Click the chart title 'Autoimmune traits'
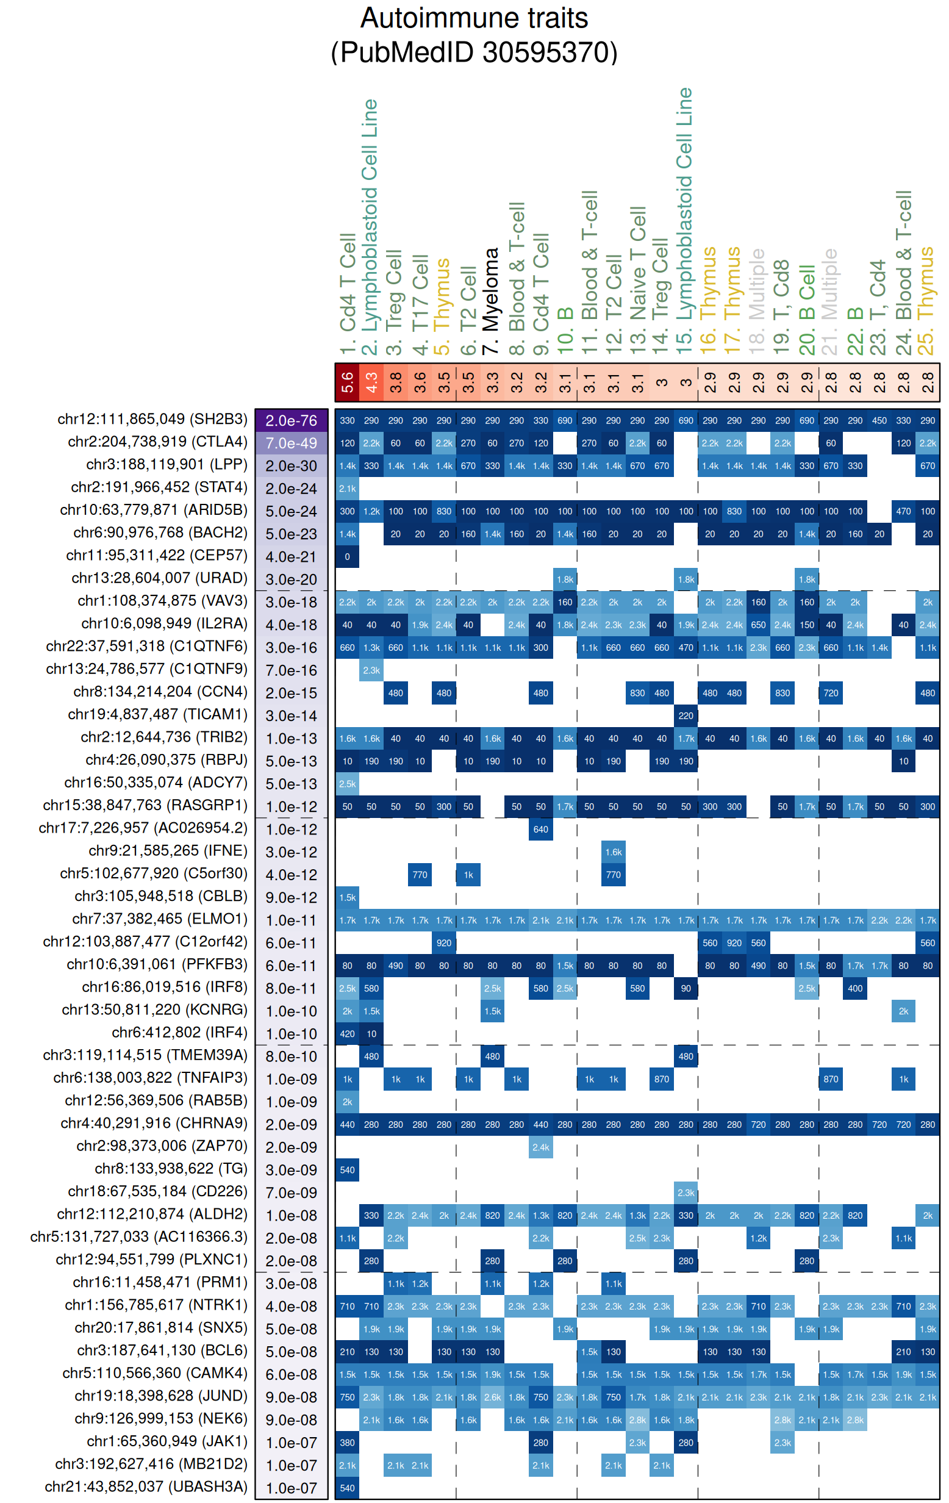point(473,18)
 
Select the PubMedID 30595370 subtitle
point(473,52)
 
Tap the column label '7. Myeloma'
point(492,300)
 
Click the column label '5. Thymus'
point(443,306)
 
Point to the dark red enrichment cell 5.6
point(347,382)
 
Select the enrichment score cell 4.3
point(371,382)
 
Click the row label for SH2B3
point(152,420)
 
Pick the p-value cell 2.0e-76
point(291,421)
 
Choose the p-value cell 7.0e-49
point(291,443)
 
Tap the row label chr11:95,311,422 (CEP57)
point(157,556)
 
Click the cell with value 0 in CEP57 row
point(347,556)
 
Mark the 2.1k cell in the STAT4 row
point(347,488)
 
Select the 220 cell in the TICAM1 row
point(686,716)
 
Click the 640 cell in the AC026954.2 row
point(540,829)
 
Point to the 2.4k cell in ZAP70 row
point(540,1147)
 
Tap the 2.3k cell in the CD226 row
point(686,1192)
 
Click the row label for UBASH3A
point(146,1486)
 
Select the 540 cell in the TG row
point(347,1170)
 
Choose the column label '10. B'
point(565,331)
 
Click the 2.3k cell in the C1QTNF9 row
point(371,670)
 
